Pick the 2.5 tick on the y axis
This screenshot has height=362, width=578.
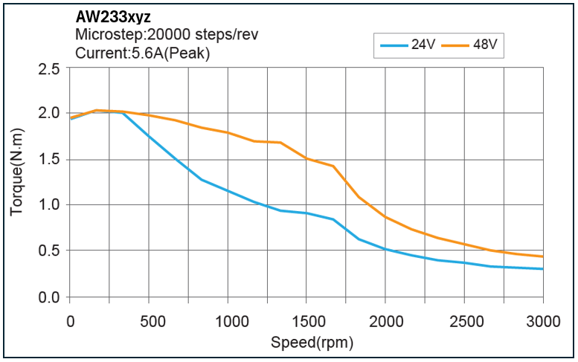(x=49, y=69)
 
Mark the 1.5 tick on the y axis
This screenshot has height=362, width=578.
(x=49, y=160)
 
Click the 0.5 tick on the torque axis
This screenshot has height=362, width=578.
(x=49, y=251)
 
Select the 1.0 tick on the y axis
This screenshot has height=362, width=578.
(x=49, y=205)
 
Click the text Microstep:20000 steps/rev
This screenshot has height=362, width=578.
(x=167, y=35)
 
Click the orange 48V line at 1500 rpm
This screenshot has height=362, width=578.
(x=306, y=158)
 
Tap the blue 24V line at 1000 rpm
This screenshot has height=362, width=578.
(x=228, y=191)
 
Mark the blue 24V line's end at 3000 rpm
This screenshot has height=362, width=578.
(x=542, y=269)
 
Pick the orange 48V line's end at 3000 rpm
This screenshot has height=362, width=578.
(x=542, y=256)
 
